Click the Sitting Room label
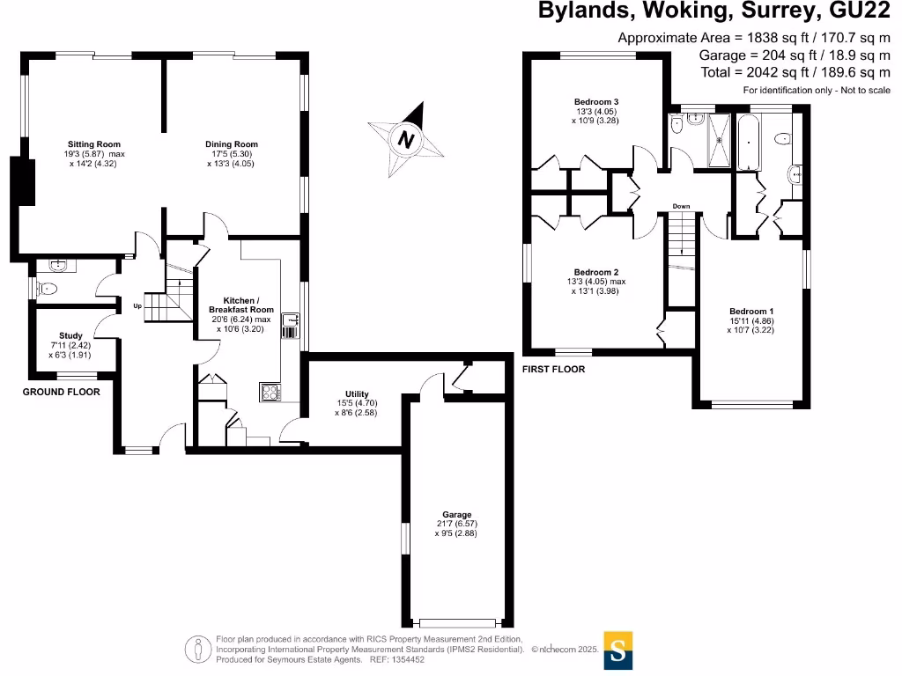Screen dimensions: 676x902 [94, 144]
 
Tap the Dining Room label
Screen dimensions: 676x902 [232, 144]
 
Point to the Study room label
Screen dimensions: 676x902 [70, 335]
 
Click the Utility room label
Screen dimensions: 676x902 [357, 393]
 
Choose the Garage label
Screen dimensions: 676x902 [457, 515]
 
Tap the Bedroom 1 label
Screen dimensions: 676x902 [751, 312]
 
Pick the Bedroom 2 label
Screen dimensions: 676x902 [596, 272]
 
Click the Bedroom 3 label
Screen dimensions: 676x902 [596, 102]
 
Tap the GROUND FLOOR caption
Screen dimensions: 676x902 [61, 392]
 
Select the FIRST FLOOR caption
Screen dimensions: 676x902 [554, 370]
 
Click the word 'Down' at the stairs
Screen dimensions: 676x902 [681, 207]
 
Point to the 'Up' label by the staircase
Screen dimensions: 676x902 [137, 306]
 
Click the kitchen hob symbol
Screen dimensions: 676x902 [269, 393]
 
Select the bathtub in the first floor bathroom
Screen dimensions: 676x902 [749, 141]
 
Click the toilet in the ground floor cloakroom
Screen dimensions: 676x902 [48, 288]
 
